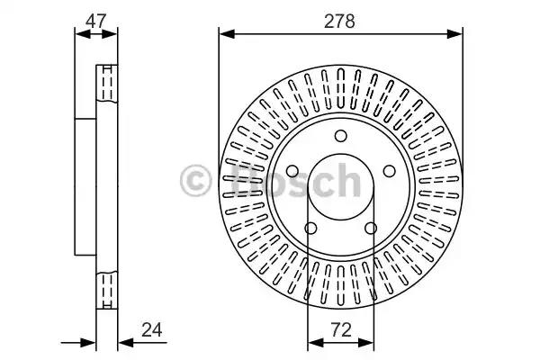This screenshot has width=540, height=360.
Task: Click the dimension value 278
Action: [339, 22]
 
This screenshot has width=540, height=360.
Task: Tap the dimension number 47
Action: [96, 22]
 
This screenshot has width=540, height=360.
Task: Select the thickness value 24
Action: [152, 330]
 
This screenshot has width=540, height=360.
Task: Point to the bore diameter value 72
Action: [341, 330]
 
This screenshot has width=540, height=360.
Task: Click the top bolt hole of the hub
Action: [341, 136]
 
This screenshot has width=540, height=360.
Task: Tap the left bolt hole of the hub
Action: [292, 171]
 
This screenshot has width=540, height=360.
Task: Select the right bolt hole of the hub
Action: [390, 171]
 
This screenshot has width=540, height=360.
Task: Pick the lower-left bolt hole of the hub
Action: [311, 228]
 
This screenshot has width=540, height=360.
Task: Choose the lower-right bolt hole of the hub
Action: [371, 228]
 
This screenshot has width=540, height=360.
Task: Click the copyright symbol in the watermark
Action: [195, 180]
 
